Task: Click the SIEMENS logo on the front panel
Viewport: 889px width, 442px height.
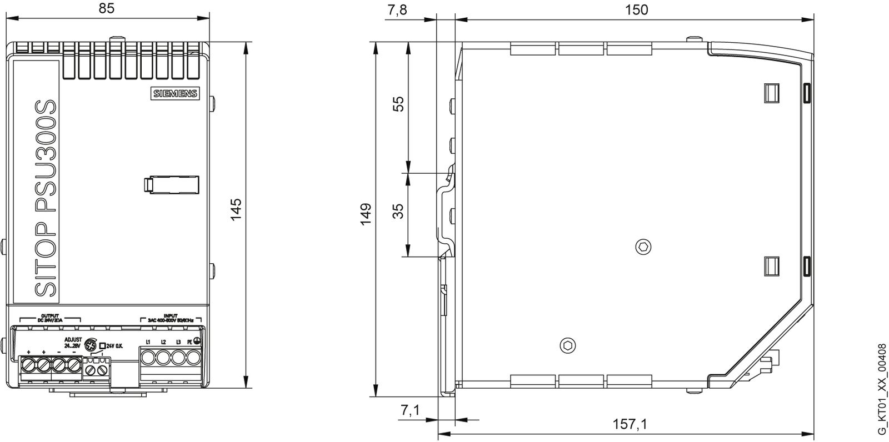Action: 175,94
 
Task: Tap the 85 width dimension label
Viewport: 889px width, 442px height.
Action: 108,9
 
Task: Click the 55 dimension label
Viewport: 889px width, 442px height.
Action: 398,104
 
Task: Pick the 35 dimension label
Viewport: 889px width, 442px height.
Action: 398,212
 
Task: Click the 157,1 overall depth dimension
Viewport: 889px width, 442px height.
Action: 630,424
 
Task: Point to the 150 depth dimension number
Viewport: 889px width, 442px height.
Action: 636,9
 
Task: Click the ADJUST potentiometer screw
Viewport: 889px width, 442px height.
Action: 92,345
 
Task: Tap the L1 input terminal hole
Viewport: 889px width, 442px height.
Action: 148,357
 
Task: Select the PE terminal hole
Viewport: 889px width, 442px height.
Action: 193,357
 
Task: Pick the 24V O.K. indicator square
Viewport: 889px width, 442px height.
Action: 102,345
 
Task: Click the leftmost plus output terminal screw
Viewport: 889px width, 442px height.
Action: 28,365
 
